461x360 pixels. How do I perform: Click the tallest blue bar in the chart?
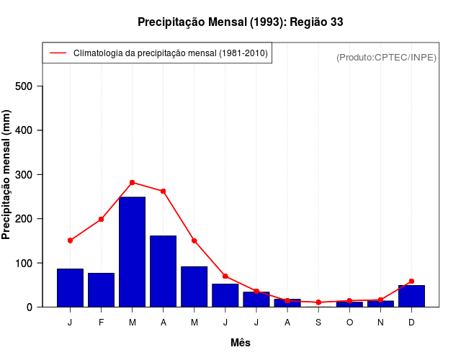(x=132, y=251)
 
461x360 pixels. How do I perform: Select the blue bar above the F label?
(x=101, y=289)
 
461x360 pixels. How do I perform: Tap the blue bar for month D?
(x=411, y=296)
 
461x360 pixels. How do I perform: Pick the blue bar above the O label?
(x=349, y=304)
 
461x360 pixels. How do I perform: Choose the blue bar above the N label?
(x=380, y=304)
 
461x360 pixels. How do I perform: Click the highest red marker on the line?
(x=132, y=182)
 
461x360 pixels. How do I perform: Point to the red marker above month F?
(x=101, y=219)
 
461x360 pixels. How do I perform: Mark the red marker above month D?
(x=411, y=281)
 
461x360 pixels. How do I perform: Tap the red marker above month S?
(x=318, y=302)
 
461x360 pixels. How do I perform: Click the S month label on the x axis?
(x=318, y=323)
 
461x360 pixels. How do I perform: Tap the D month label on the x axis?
(x=411, y=323)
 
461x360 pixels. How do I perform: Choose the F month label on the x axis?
(x=101, y=323)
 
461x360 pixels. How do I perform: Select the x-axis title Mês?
(x=240, y=343)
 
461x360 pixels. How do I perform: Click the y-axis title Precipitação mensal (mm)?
(x=7, y=175)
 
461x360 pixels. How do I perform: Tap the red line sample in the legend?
(x=57, y=53)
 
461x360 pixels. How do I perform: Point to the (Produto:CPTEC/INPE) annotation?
(x=386, y=57)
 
